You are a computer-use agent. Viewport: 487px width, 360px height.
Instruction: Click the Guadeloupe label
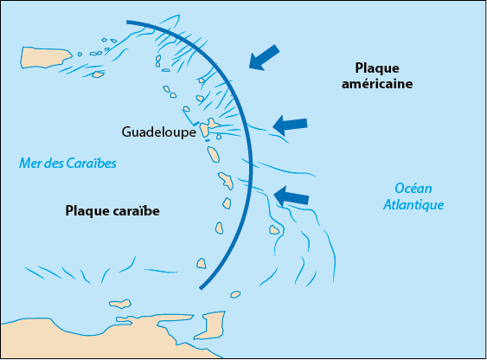[158, 132]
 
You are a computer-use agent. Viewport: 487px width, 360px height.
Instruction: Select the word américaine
[377, 84]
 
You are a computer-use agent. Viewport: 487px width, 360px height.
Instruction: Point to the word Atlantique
[413, 205]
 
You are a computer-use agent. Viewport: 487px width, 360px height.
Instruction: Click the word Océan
[413, 189]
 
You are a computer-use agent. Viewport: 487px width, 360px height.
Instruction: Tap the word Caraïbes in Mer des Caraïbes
[92, 164]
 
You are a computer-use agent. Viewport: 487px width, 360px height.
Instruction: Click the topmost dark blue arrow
[264, 58]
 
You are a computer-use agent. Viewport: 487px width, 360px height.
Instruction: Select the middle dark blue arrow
[290, 125]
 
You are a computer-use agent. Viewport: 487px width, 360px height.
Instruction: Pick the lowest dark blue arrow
[291, 196]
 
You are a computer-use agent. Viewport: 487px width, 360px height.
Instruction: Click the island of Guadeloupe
[208, 126]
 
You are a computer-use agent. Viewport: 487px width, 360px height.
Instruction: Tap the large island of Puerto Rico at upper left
[46, 57]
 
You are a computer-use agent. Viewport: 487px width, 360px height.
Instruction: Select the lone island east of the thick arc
[274, 230]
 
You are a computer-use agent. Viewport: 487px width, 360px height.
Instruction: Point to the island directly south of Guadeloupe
[214, 154]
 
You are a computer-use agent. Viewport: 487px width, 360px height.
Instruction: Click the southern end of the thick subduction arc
[201, 288]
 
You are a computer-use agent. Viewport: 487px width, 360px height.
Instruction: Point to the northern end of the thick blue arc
[127, 22]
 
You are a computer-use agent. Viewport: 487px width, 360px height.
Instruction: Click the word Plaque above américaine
[377, 68]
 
